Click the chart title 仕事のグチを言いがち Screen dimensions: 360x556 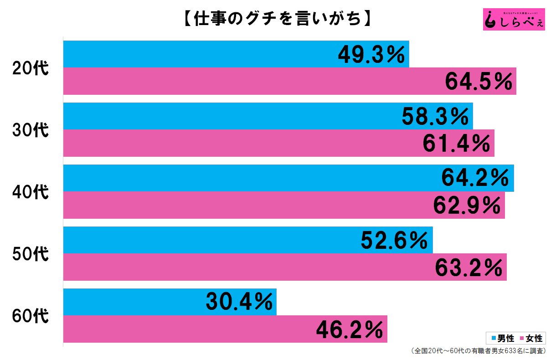[x=277, y=19]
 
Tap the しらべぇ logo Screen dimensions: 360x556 [x=514, y=19]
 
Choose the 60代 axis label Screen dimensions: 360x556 [x=30, y=316]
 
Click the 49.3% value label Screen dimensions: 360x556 [x=371, y=55]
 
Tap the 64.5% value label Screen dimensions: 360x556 [x=479, y=82]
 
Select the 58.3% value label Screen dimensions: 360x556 [x=435, y=117]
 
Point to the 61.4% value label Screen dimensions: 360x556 [x=457, y=144]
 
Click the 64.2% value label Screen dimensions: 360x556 [x=475, y=178]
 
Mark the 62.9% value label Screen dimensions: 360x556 [x=467, y=206]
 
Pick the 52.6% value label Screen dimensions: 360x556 [x=395, y=240]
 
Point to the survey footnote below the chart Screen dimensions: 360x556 [x=479, y=351]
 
